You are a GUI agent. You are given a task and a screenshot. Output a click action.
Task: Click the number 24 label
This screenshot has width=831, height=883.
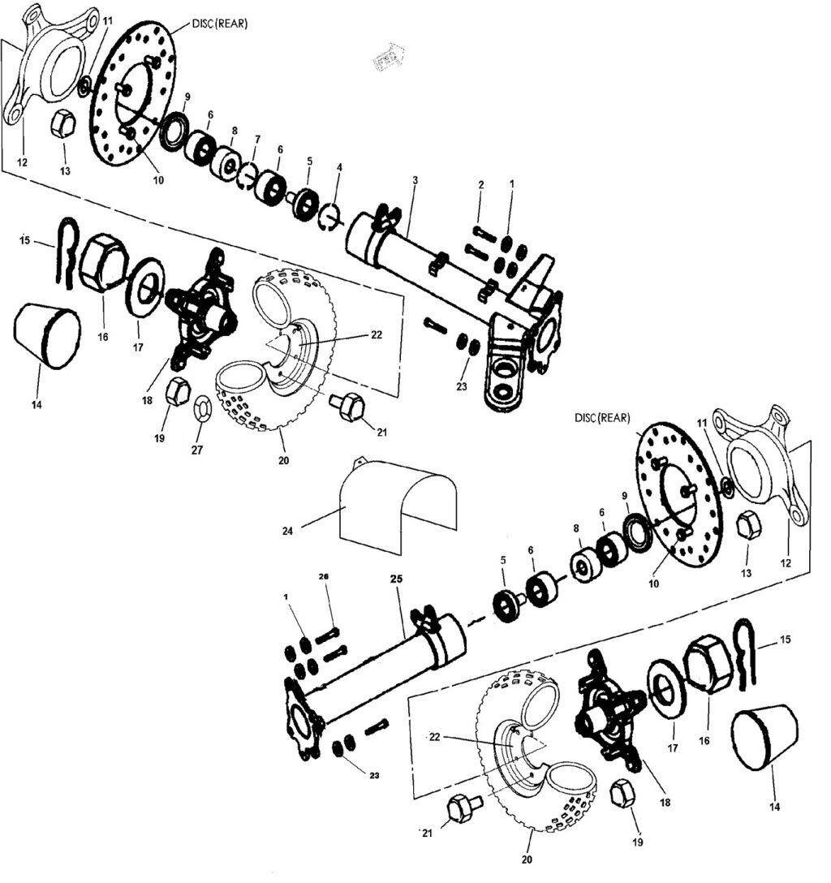pyautogui.click(x=288, y=531)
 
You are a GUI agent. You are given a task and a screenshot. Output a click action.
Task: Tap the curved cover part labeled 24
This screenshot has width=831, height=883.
pyautogui.click(x=398, y=503)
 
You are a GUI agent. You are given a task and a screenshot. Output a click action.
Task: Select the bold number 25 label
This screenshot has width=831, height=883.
pyautogui.click(x=396, y=579)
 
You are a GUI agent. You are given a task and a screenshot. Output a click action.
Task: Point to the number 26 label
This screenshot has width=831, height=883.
pyautogui.click(x=324, y=577)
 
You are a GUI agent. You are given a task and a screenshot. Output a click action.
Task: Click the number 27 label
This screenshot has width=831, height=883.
pyautogui.click(x=197, y=450)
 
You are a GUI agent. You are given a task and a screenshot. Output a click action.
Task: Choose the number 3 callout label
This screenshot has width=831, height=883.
pyautogui.click(x=415, y=180)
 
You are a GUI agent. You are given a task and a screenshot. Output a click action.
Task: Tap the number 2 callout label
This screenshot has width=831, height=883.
pyautogui.click(x=480, y=185)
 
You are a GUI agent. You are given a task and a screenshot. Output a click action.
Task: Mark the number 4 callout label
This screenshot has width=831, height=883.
pyautogui.click(x=339, y=167)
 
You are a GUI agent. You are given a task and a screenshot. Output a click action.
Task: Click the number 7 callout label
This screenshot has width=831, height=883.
pyautogui.click(x=257, y=139)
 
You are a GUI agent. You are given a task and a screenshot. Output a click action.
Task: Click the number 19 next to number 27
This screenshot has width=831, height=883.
pyautogui.click(x=159, y=438)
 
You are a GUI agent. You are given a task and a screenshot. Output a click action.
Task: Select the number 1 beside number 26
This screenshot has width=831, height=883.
pyautogui.click(x=286, y=597)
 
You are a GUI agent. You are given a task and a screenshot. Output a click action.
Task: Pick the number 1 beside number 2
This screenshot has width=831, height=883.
pyautogui.click(x=512, y=183)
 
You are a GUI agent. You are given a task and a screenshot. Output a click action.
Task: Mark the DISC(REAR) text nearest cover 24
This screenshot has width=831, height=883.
pyautogui.click(x=602, y=418)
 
